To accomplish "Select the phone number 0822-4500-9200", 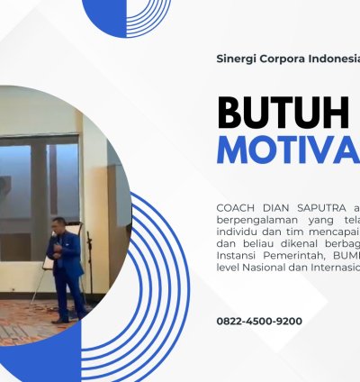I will click(259, 321).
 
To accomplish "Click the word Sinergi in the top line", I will click(236, 59).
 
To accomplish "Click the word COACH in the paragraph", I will click(237, 208).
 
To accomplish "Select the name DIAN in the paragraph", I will click(276, 208).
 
